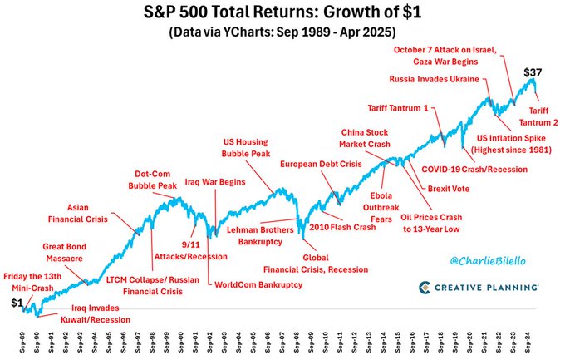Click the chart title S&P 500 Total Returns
pyautogui.click(x=282, y=13)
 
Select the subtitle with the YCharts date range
pyautogui.click(x=282, y=32)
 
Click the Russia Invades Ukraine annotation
pyautogui.click(x=435, y=79)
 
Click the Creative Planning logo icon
pyautogui.click(x=425, y=288)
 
